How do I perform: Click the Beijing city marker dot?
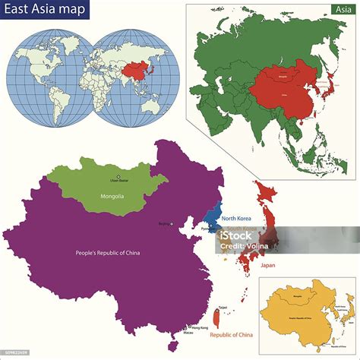pos(172,223)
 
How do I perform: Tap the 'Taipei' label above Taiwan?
pos(223,306)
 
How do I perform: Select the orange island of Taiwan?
pos(219,319)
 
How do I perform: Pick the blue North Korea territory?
pos(215,213)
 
